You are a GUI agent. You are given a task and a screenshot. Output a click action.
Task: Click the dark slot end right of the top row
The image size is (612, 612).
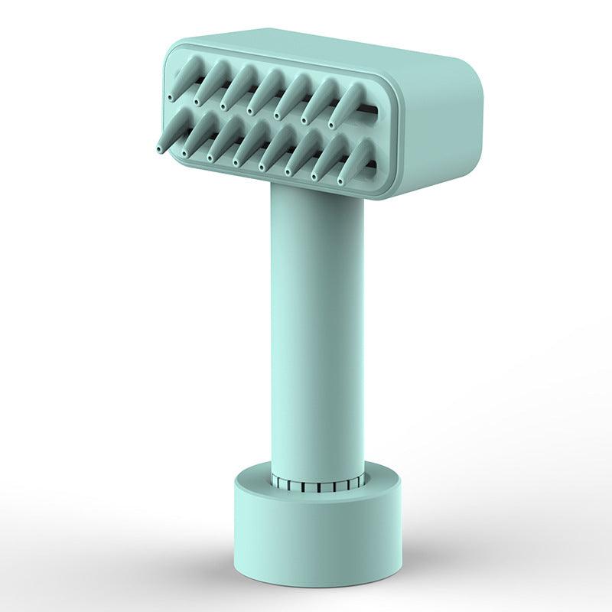click(x=371, y=112)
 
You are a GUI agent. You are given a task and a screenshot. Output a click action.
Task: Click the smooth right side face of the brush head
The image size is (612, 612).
click(x=436, y=130)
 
